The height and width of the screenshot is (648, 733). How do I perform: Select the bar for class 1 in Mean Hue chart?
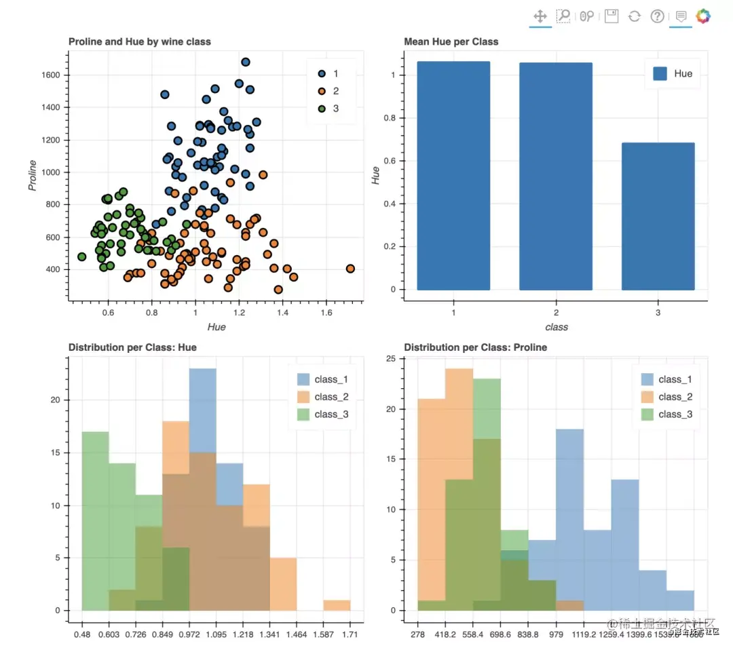(x=453, y=176)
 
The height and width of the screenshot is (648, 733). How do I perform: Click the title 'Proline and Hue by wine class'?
(x=139, y=41)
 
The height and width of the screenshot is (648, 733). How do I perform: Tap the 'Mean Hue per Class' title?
(x=451, y=41)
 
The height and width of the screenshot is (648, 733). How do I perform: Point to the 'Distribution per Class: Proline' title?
(x=475, y=347)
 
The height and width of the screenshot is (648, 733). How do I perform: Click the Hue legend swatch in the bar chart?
(x=660, y=73)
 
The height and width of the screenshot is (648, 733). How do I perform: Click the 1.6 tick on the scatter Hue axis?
(x=326, y=314)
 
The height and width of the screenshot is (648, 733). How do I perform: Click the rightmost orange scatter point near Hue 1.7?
(x=350, y=269)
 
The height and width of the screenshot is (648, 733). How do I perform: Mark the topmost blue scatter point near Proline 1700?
(x=246, y=62)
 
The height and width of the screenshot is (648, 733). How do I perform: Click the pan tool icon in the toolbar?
(x=540, y=16)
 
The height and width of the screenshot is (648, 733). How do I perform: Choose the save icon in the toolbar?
(x=612, y=16)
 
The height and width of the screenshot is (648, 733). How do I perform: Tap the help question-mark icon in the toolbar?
(x=657, y=16)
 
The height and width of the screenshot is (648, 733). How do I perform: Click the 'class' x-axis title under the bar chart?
(x=556, y=327)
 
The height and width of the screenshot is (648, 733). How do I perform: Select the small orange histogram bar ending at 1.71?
(x=337, y=605)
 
